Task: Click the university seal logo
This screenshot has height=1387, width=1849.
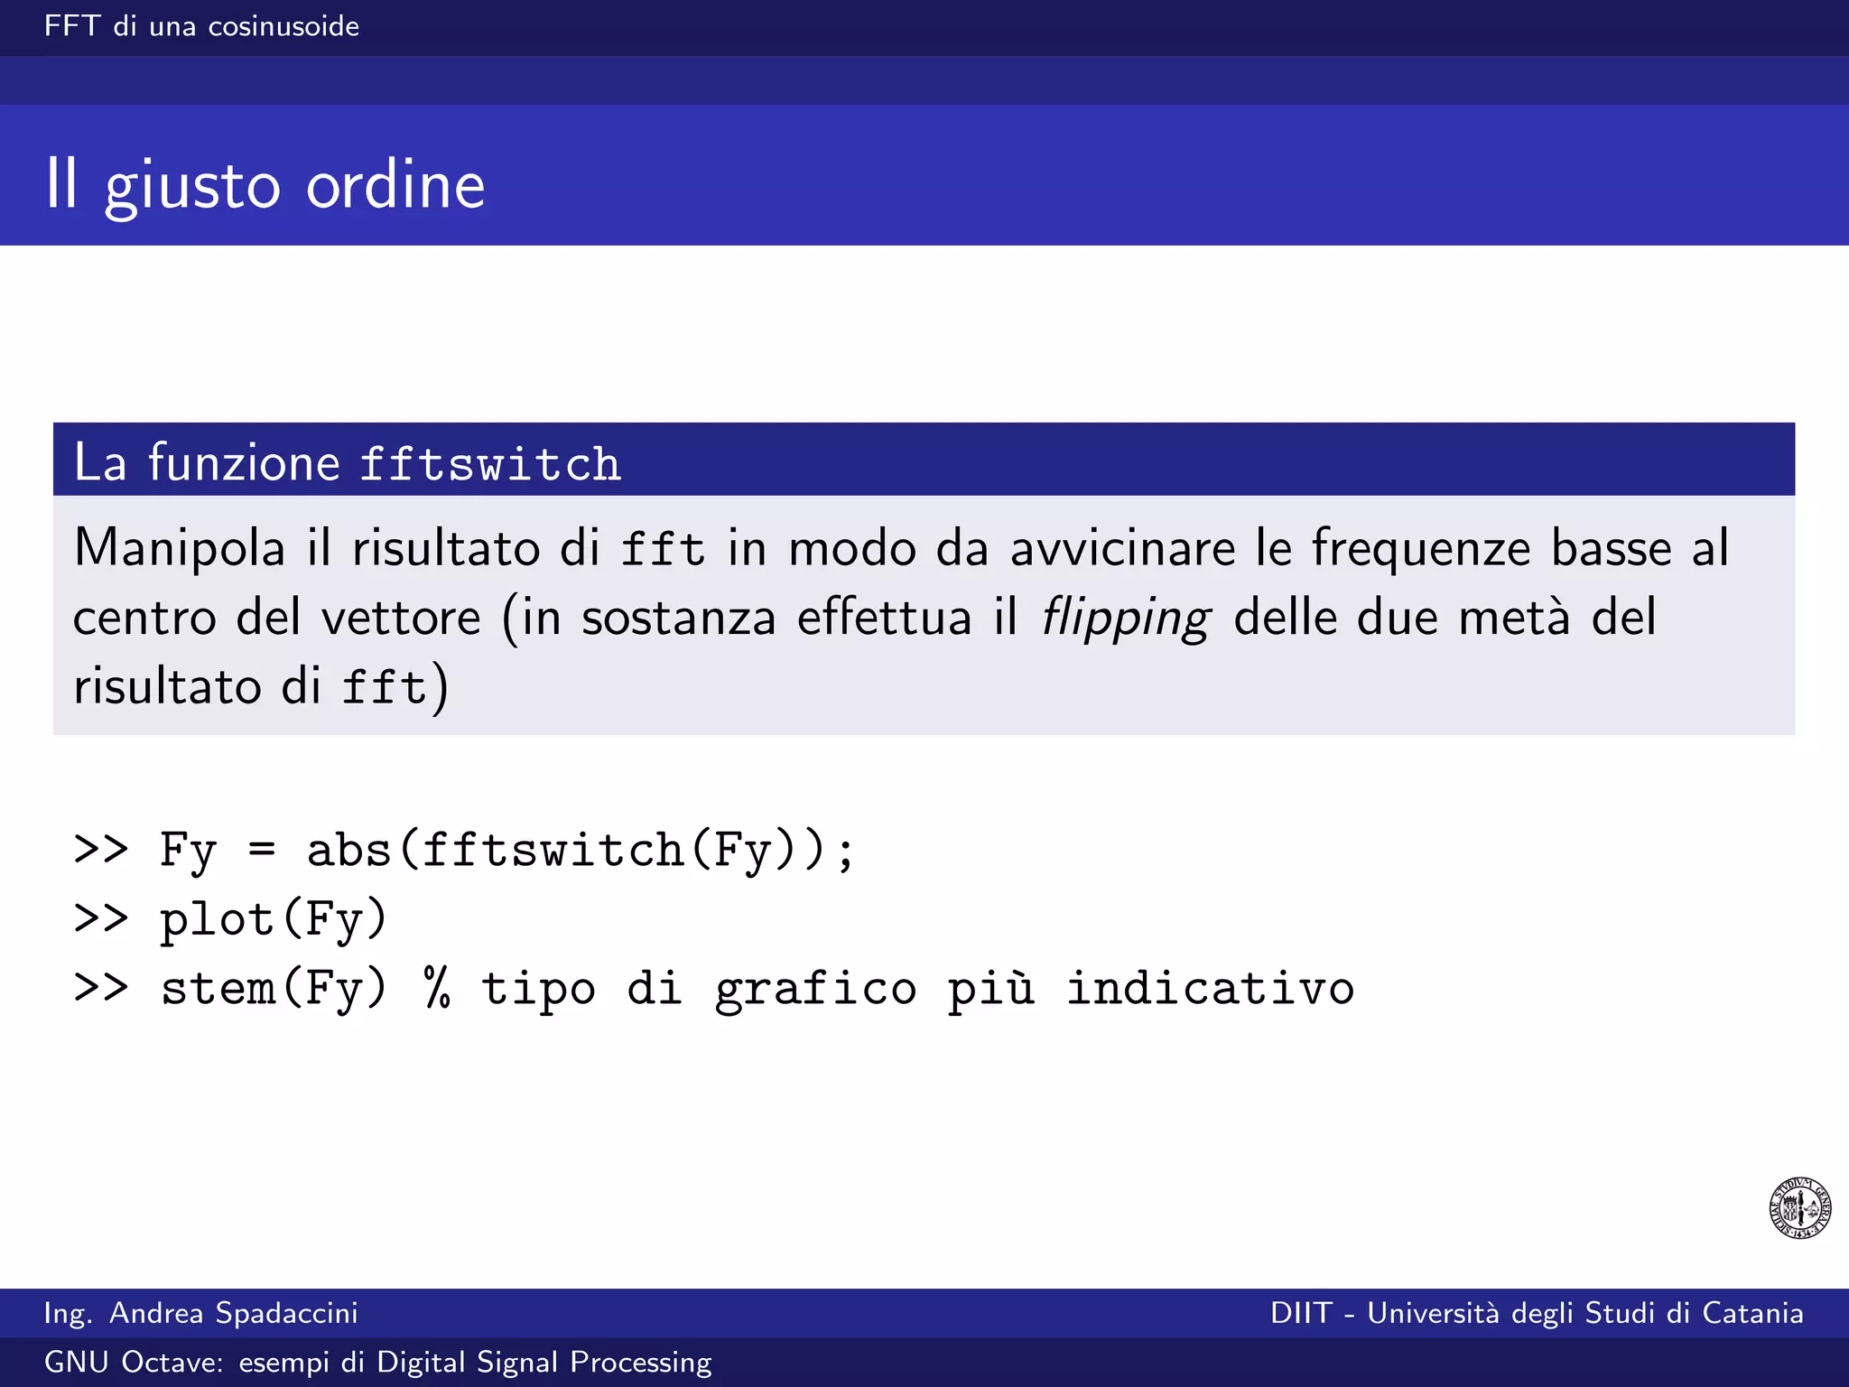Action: point(1799,1207)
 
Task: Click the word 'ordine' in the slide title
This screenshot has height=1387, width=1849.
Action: point(395,185)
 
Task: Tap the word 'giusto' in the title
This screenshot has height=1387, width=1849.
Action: point(192,187)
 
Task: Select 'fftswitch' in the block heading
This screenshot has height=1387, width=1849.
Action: point(490,463)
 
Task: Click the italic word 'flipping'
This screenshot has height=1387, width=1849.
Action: point(1125,619)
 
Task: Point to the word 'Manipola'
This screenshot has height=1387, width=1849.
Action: point(179,548)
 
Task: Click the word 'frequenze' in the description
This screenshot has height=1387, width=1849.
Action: point(1420,548)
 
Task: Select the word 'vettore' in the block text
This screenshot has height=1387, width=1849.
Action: point(401,619)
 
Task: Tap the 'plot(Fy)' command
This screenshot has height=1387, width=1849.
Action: point(274,919)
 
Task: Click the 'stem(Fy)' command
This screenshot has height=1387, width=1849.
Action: point(274,988)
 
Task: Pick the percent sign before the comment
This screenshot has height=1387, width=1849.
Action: point(437,987)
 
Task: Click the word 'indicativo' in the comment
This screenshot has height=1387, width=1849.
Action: point(1210,988)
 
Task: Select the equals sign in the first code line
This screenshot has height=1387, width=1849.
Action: point(262,849)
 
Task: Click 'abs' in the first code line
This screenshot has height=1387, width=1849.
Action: point(348,850)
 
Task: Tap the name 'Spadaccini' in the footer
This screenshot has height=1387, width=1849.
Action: point(286,1313)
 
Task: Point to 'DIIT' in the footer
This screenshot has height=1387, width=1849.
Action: point(1301,1313)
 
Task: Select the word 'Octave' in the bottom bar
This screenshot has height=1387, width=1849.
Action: point(172,1362)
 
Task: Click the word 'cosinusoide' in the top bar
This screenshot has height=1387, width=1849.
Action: point(283,26)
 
